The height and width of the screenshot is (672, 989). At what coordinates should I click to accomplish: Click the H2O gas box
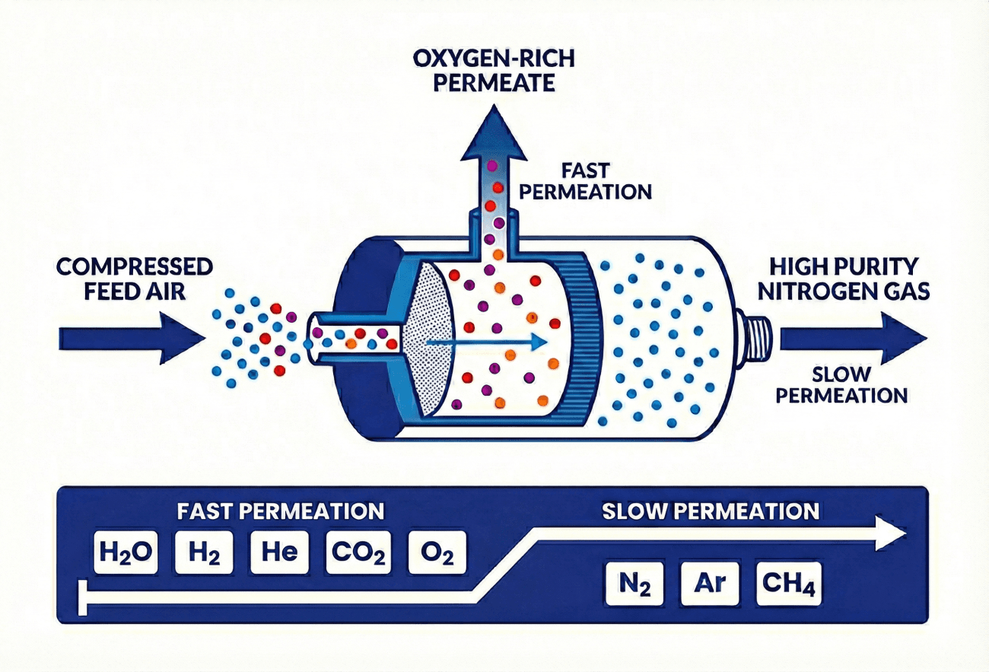(126, 552)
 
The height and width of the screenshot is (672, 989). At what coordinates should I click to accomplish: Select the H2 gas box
(202, 552)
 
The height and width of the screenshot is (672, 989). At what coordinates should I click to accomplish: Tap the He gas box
(279, 552)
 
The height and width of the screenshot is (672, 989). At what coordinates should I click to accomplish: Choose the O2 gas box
(436, 552)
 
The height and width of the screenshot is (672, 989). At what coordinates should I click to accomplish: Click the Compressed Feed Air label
(135, 279)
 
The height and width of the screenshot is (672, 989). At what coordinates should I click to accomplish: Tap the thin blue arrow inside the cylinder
(487, 343)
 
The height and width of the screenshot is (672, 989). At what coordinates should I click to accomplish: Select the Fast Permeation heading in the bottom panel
(281, 511)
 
